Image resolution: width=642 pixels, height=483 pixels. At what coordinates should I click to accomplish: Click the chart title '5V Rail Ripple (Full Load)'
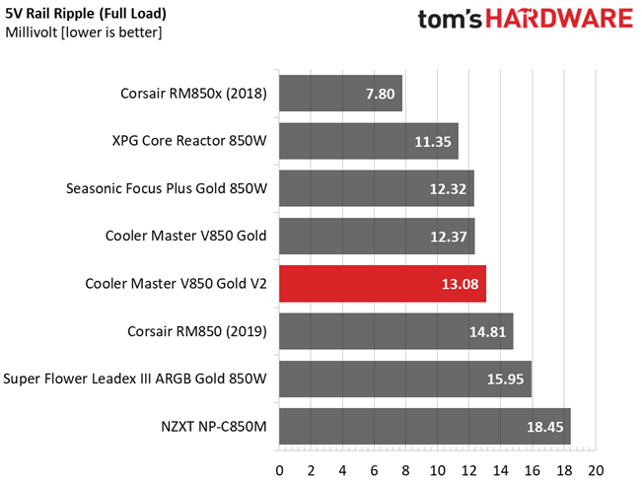pos(86,14)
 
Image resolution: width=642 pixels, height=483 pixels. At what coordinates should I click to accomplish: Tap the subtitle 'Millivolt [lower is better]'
pos(84,33)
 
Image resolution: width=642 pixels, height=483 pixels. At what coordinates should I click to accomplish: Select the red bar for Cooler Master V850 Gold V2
pos(383,284)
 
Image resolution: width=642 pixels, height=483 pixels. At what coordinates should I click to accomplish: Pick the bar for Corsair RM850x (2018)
pos(341,94)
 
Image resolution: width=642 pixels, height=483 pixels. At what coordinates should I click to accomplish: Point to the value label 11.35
pos(433,142)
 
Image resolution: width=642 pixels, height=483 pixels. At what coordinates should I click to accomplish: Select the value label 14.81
pos(488,331)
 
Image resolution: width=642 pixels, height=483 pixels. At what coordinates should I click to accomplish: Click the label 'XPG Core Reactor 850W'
pos(190,141)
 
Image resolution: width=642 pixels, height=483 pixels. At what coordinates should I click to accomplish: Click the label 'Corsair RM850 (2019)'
pos(197,330)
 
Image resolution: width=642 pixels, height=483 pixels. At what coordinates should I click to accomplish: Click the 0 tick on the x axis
pos(280,468)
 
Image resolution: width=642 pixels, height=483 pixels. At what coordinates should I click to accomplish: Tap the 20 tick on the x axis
pos(595,468)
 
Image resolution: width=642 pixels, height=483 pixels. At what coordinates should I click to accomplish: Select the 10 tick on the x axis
pos(437,468)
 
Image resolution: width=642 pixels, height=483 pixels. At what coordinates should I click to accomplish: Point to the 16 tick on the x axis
pos(532,468)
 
